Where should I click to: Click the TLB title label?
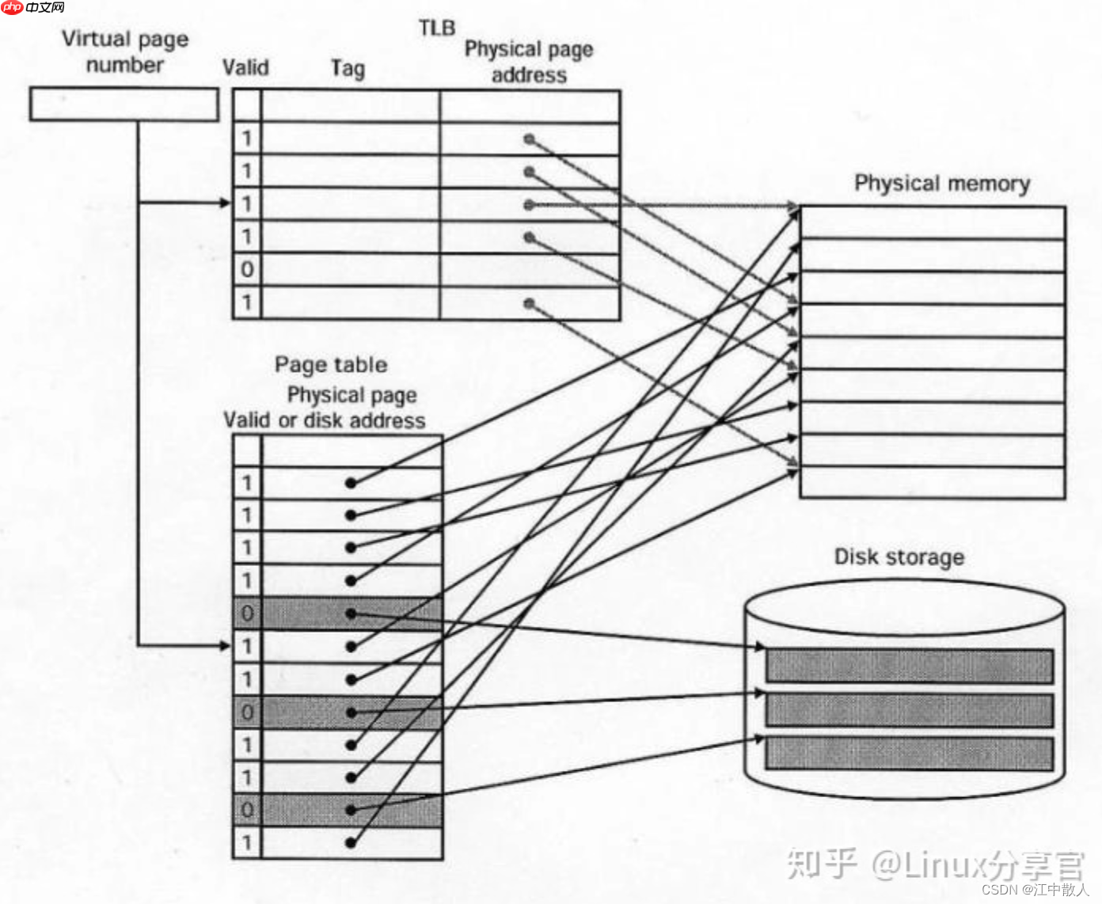point(437,28)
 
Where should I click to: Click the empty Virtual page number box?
point(124,104)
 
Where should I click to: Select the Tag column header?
point(348,68)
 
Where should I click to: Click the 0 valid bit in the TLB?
point(247,269)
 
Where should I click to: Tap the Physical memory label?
point(942,184)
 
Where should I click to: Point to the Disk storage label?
point(899,557)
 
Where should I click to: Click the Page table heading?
point(331,364)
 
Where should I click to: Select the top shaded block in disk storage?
point(909,666)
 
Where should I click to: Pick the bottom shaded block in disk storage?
point(909,754)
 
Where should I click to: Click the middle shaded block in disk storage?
point(909,710)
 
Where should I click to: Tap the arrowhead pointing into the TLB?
point(225,203)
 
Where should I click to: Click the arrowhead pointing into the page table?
point(225,646)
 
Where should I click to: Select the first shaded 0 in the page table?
point(247,613)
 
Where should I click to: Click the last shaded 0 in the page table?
point(247,810)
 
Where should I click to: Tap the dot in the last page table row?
point(351,842)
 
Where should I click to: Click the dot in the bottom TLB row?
point(530,303)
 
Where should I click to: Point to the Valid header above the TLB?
point(245,67)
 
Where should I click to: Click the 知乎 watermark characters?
point(822,864)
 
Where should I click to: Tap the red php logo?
point(12,7)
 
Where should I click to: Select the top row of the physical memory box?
point(933,223)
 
